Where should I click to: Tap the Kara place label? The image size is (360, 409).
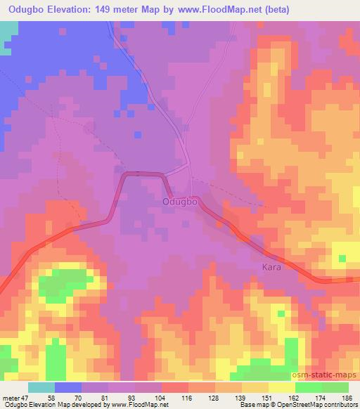[271, 268]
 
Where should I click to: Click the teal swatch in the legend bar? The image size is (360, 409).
[41, 387]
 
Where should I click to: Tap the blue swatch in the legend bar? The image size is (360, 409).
[68, 387]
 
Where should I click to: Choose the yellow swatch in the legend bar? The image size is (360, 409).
[282, 387]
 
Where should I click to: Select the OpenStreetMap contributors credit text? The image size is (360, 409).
[322, 405]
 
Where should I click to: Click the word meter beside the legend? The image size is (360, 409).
[10, 397]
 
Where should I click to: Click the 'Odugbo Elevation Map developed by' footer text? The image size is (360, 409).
[41, 405]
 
